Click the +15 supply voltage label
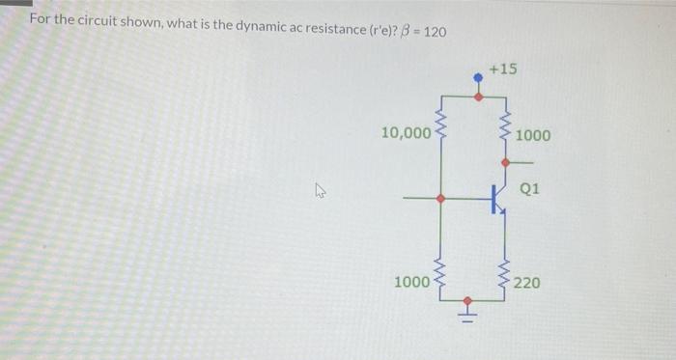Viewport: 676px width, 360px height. click(502, 69)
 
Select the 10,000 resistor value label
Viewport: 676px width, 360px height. click(406, 133)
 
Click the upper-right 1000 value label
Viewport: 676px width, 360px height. click(533, 135)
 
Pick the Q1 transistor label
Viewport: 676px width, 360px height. click(529, 189)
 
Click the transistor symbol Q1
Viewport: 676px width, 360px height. click(496, 199)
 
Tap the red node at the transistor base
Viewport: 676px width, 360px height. click(441, 199)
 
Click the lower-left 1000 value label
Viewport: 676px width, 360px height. click(412, 282)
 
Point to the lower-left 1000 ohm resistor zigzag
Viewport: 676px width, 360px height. click(442, 279)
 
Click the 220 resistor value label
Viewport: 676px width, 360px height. click(527, 283)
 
